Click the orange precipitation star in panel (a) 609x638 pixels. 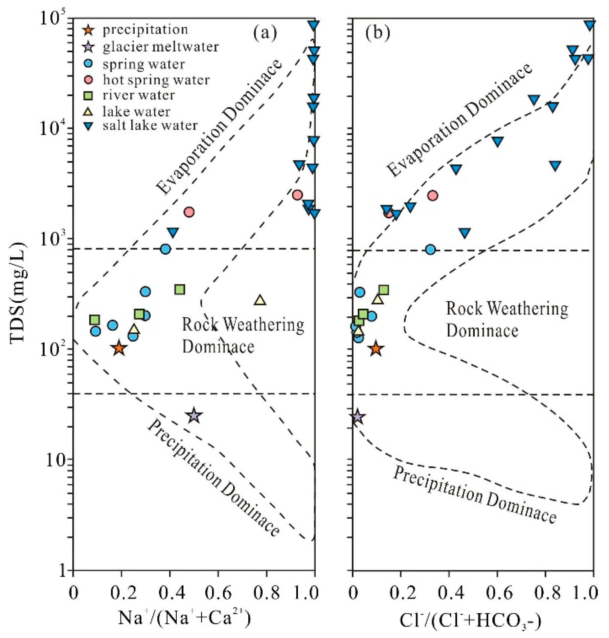pos(119,348)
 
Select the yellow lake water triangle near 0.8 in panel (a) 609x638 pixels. pos(260,300)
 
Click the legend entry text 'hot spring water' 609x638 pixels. pos(156,80)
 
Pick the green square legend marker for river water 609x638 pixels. pos(89,96)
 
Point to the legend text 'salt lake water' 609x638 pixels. pos(150,126)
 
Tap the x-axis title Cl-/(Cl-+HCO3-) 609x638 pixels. pos(470,620)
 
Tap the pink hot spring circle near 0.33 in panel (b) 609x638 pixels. pos(433,196)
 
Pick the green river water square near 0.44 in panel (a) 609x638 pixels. pos(180,290)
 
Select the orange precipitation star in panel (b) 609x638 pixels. pos(376,349)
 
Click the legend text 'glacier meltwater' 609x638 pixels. pos(161,47)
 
